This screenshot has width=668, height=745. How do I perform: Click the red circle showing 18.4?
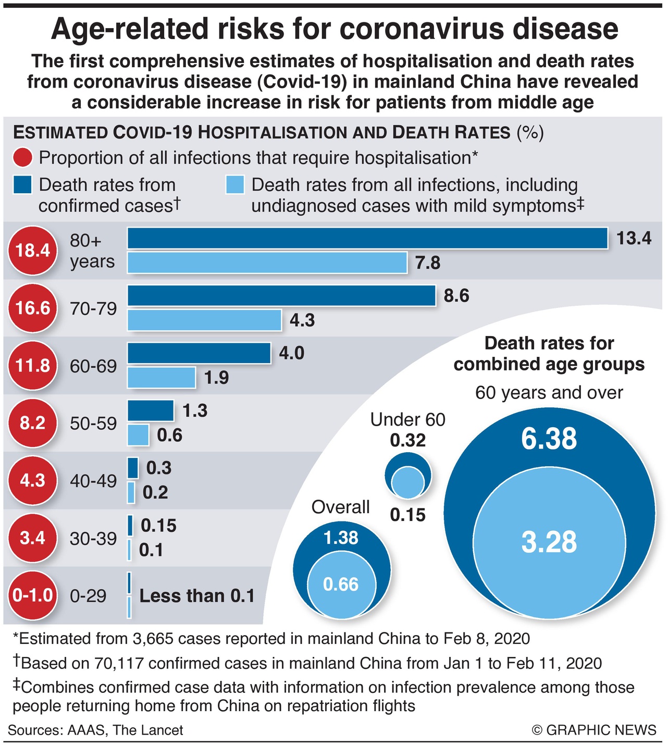point(32,251)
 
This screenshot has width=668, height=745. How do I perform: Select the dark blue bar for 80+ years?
point(367,239)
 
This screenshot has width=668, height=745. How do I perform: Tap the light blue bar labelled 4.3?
point(204,320)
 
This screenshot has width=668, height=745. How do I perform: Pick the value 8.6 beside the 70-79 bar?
point(456,296)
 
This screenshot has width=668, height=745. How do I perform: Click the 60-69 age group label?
point(93,366)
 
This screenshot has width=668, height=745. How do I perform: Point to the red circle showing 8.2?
point(32,423)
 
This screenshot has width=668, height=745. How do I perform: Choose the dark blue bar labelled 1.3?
point(151,411)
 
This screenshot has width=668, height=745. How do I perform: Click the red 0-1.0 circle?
point(32,595)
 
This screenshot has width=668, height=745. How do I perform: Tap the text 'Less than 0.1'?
point(197,596)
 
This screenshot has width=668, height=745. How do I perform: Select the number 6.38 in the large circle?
point(549,439)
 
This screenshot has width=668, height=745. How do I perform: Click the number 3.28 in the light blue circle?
point(549,542)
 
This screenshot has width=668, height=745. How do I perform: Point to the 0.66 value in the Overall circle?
point(341,585)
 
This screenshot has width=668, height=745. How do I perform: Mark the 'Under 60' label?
point(408,419)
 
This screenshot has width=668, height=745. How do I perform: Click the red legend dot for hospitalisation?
point(23,158)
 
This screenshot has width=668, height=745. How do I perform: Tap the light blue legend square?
point(236,185)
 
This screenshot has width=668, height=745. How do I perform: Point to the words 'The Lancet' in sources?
point(148,730)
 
